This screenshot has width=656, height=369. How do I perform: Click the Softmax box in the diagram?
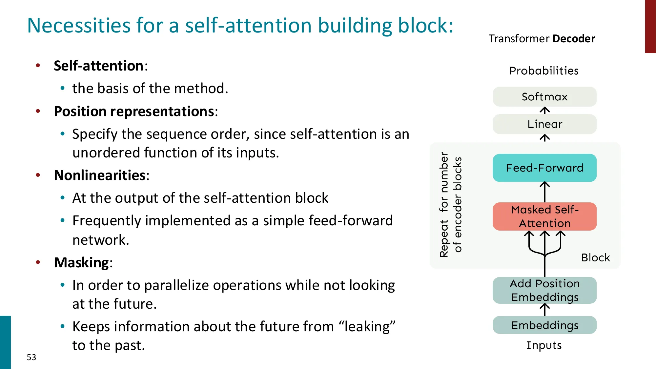click(544, 97)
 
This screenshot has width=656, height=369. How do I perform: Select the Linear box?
click(544, 124)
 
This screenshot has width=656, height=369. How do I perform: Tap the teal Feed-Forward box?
click(544, 168)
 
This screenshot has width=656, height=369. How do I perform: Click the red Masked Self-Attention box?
click(544, 216)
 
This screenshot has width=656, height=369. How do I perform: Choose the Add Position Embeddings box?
click(544, 290)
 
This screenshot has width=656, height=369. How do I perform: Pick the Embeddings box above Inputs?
click(544, 325)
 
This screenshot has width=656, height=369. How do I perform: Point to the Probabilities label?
click(543, 71)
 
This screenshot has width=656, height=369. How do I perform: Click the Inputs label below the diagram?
click(544, 345)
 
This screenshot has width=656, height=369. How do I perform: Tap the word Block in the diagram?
click(595, 257)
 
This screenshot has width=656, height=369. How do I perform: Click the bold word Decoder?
click(574, 39)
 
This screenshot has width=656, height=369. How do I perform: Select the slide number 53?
click(31, 357)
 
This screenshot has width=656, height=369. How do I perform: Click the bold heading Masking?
click(81, 263)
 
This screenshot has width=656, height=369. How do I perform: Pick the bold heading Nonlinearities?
click(100, 175)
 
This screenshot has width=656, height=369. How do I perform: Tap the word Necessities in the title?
click(79, 26)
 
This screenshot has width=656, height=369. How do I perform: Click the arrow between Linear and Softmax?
click(544, 111)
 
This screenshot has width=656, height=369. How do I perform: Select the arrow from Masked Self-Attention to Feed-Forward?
click(544, 192)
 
